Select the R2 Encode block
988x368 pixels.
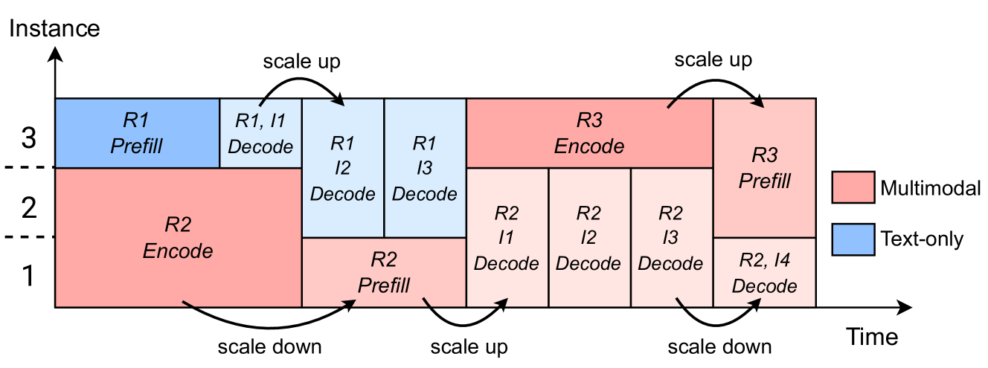pyautogui.click(x=178, y=237)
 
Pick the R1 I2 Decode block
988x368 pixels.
pyautogui.click(x=342, y=168)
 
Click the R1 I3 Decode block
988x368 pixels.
pyautogui.click(x=424, y=168)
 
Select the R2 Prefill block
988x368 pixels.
pyautogui.click(x=384, y=272)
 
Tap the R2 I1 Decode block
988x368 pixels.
pyautogui.click(x=507, y=237)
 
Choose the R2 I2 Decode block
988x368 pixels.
pyautogui.click(x=588, y=237)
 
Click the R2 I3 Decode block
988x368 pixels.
pyautogui.click(x=671, y=237)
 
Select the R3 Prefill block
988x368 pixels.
pyautogui.click(x=765, y=168)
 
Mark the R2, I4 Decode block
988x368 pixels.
pyautogui.click(x=765, y=272)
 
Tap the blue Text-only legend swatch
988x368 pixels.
pyautogui.click(x=851, y=239)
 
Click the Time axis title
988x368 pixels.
pyautogui.click(x=872, y=337)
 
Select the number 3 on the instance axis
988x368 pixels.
pyautogui.click(x=28, y=139)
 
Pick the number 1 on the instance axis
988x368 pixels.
pyautogui.click(x=28, y=277)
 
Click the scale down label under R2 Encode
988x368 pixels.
pyautogui.click(x=269, y=347)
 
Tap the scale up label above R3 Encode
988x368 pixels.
pyautogui.click(x=713, y=59)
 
